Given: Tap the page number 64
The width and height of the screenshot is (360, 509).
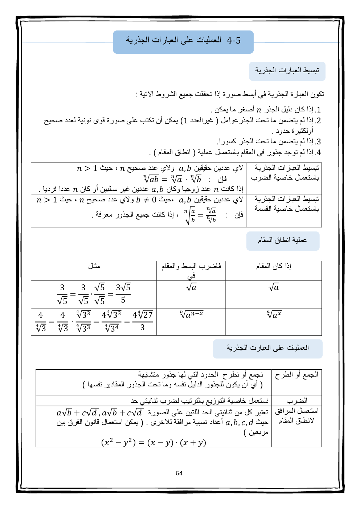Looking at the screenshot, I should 179,473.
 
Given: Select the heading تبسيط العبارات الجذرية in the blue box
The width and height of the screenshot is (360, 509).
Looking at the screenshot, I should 287,71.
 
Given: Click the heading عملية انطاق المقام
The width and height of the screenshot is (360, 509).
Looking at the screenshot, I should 283,241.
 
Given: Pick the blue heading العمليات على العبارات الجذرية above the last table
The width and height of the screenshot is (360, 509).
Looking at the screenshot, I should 267,348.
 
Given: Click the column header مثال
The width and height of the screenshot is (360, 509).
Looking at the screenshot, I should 94,266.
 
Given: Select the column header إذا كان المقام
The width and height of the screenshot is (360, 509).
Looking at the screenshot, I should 274,266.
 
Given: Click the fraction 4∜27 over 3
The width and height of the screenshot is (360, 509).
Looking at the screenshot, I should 142,321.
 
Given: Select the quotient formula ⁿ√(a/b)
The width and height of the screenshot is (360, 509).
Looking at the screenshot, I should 200,215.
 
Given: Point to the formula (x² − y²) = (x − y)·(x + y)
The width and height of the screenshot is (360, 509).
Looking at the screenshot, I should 154,443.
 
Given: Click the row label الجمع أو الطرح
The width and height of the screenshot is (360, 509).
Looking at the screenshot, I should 296,375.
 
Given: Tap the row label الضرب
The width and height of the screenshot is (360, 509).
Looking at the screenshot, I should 296,401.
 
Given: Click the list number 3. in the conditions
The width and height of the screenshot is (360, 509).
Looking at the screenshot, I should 318,142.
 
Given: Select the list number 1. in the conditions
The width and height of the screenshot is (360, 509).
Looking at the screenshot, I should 318,110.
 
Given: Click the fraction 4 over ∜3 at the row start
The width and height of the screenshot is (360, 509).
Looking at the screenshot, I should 41,321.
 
